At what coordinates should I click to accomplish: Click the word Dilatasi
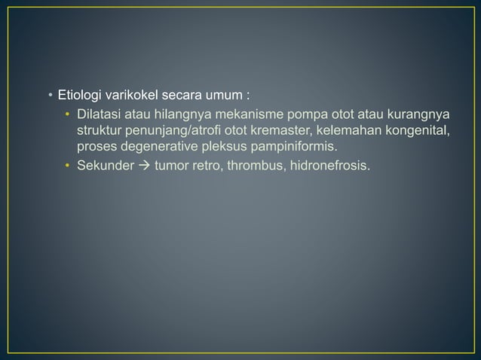point(100,114)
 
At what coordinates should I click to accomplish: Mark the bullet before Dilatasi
point(67,115)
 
